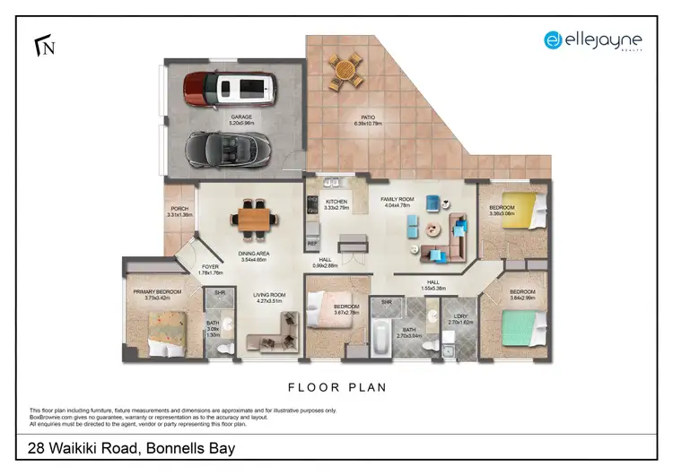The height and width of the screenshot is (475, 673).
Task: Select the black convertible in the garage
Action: [x=227, y=146]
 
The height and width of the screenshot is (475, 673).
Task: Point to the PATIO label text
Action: [x=368, y=117]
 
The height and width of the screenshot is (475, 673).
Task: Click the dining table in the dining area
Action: [x=254, y=217]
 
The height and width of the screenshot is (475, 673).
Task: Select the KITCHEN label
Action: [x=336, y=202]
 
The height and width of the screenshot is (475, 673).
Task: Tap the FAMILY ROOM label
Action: [x=397, y=199]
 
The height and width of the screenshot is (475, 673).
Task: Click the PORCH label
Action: [x=179, y=209]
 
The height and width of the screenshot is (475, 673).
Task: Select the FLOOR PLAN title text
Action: [x=336, y=388]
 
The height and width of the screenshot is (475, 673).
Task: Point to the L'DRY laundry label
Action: [x=459, y=315]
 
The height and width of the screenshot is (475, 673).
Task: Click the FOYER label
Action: [x=209, y=267]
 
